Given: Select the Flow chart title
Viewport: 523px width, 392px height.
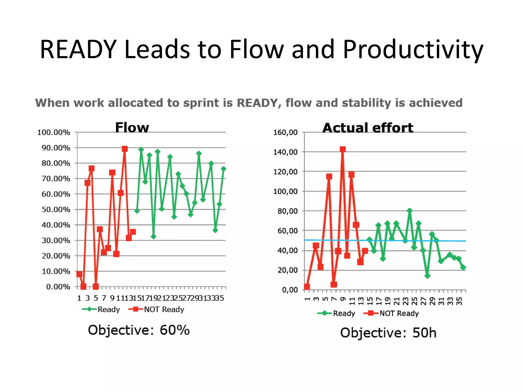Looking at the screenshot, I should tap(132, 127).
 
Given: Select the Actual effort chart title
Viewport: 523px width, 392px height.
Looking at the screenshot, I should tap(368, 128).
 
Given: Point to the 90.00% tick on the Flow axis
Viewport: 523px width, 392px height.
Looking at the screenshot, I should tap(56, 148).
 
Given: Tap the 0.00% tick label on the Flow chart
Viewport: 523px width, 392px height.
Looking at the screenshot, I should tap(58, 287).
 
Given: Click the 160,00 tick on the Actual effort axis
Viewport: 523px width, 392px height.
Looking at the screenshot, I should tap(286, 132).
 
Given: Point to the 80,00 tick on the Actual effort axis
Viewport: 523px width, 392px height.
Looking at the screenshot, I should tap(288, 211).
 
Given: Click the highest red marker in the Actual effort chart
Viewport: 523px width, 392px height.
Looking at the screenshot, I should tap(343, 149).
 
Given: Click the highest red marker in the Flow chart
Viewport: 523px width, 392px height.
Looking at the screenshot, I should tap(125, 149).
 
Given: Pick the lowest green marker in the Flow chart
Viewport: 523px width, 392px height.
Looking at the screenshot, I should tap(153, 237).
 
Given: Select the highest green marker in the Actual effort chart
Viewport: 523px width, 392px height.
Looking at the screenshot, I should tap(410, 211).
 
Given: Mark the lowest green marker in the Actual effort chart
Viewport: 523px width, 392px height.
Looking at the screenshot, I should tap(427, 276).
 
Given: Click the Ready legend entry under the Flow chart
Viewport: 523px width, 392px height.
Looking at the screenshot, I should tap(101, 309).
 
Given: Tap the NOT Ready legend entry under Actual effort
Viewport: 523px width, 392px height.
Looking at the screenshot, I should tap(391, 313).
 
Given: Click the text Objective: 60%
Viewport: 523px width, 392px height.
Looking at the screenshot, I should tap(139, 330).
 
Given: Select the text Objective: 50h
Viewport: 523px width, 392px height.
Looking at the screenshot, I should tap(388, 333).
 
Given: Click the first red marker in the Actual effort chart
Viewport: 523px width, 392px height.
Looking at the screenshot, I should tap(307, 287).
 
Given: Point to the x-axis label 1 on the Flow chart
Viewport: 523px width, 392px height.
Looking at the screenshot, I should tap(79, 298).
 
